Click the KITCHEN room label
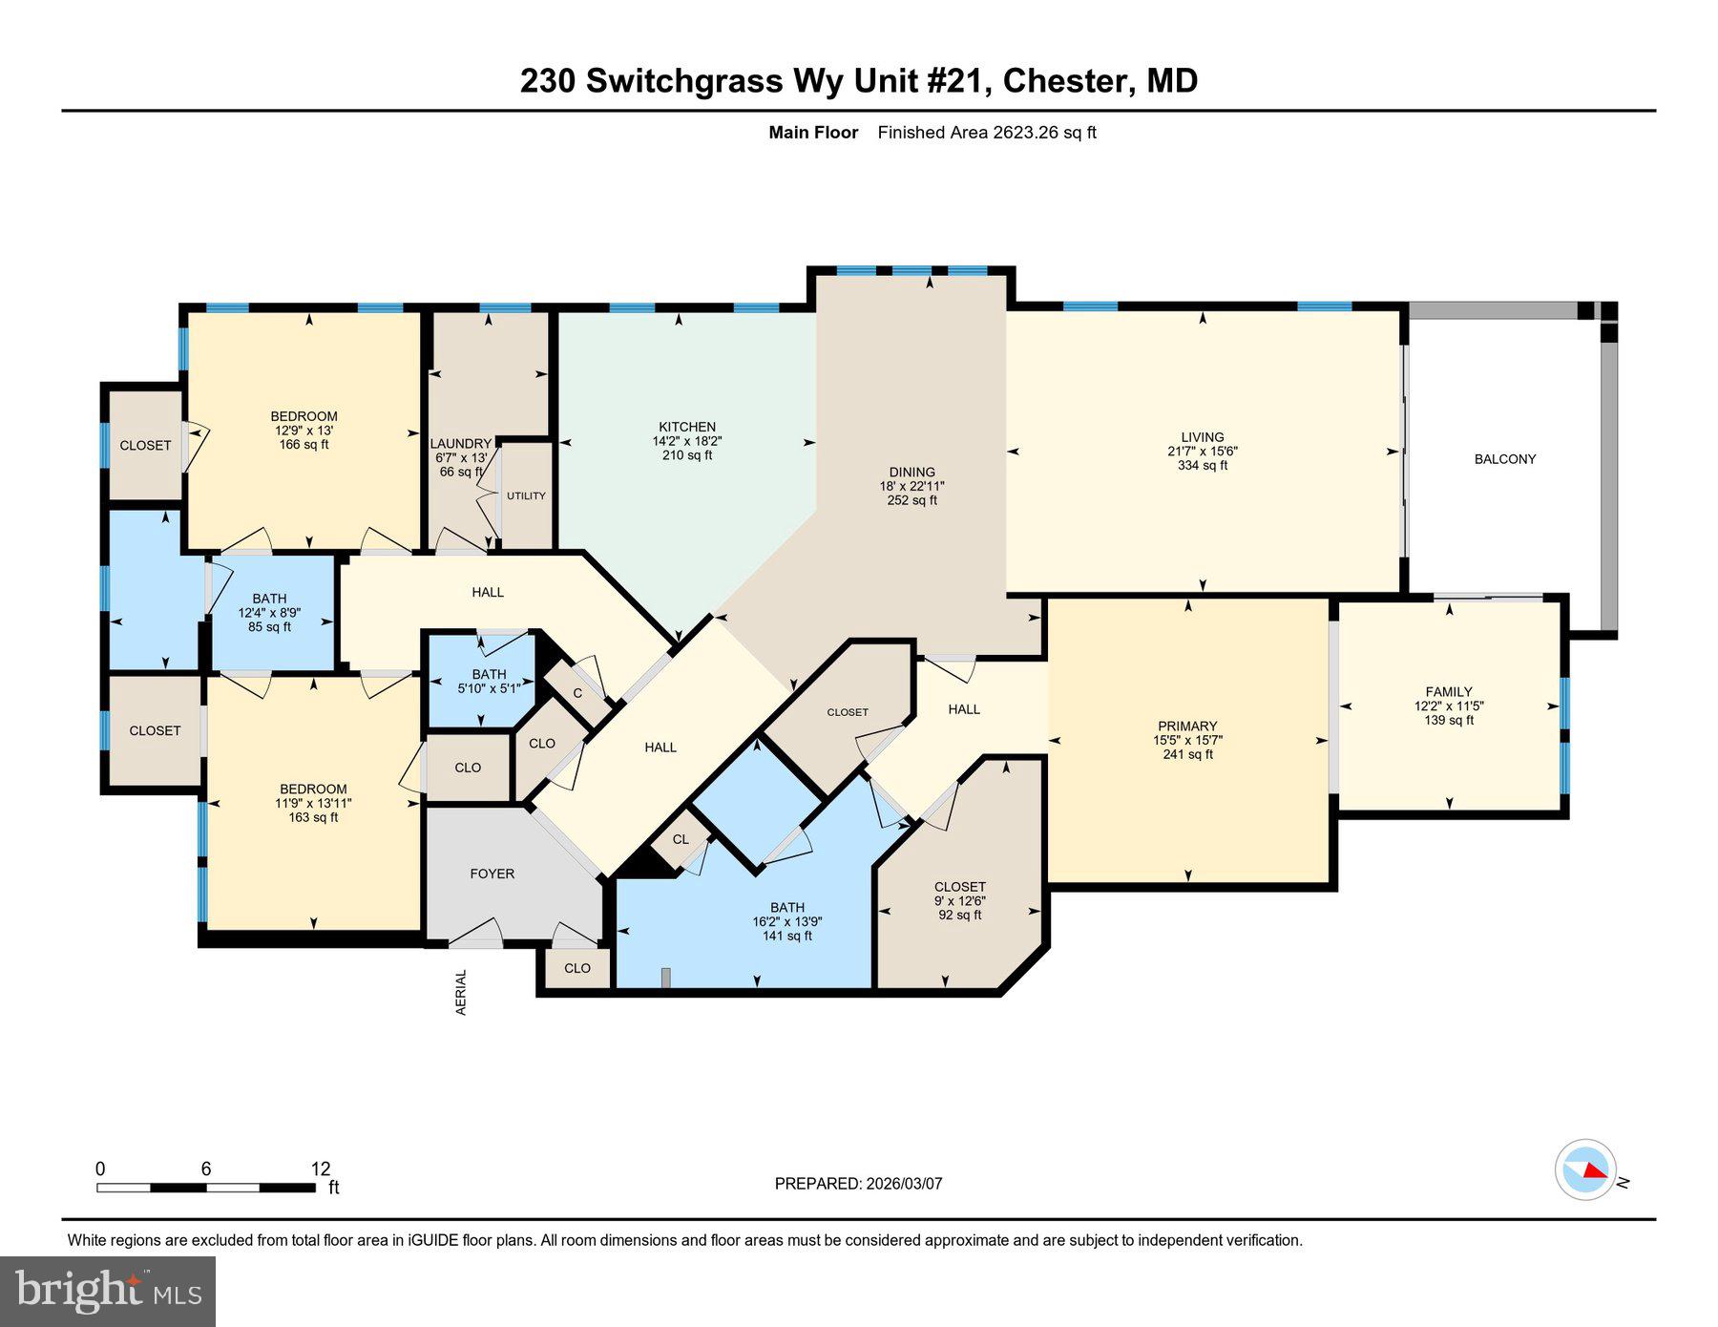click(686, 427)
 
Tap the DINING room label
click(911, 472)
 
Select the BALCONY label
click(1504, 459)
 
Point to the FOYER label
click(492, 874)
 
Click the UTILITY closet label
click(526, 495)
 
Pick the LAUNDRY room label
click(460, 444)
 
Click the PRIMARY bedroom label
click(1186, 726)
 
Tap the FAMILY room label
click(1448, 692)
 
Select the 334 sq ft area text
click(1202, 466)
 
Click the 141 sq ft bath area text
click(786, 936)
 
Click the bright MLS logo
click(108, 1291)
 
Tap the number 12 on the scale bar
click(320, 1169)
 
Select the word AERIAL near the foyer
click(461, 992)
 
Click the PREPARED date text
click(858, 1184)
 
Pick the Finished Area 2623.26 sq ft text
click(986, 133)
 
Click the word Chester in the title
click(1065, 81)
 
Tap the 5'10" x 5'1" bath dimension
click(489, 688)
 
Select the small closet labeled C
click(576, 693)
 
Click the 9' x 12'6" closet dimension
click(959, 900)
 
